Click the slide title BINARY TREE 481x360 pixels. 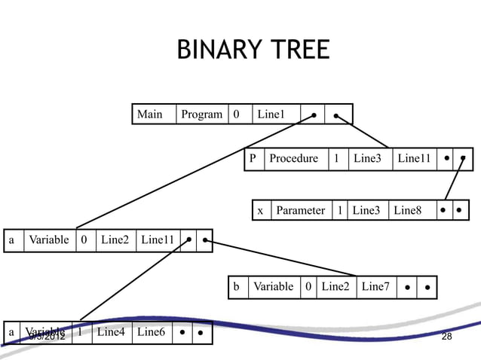(x=253, y=50)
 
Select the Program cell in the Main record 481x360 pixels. (x=202, y=114)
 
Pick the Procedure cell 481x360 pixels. (x=294, y=160)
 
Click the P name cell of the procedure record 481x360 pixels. (x=254, y=160)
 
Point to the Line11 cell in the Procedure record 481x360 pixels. (x=414, y=160)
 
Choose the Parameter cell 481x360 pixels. (x=300, y=211)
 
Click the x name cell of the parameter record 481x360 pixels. (x=261, y=211)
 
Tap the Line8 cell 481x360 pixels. (x=408, y=211)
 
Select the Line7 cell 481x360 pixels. (x=375, y=287)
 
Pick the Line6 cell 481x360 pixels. (x=151, y=331)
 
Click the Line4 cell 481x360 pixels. (x=111, y=331)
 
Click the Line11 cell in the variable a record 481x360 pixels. (x=158, y=241)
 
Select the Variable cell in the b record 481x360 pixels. (x=273, y=287)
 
